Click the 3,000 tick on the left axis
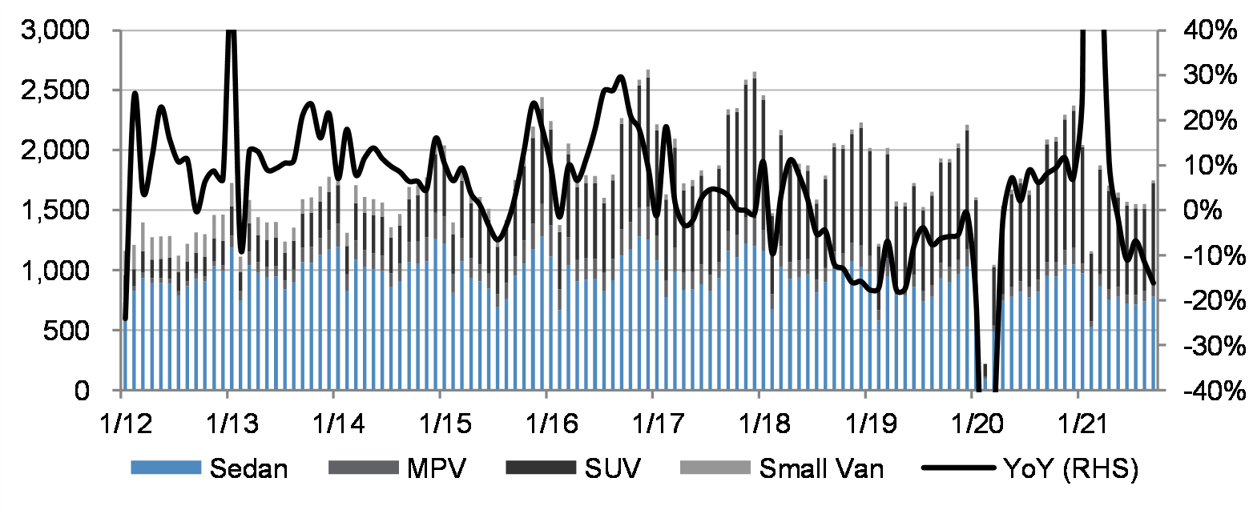55,30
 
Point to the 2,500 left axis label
55,90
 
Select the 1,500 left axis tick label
55,211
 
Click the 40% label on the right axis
1209,30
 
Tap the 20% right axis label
1209,121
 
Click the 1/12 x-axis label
126,423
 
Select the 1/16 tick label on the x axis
551,423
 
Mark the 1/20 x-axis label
977,423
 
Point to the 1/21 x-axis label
1082,423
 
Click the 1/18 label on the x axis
763,423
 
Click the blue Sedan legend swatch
165,468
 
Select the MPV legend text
436,468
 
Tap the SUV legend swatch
541,468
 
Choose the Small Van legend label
821,468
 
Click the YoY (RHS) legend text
1070,468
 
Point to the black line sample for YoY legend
958,468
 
